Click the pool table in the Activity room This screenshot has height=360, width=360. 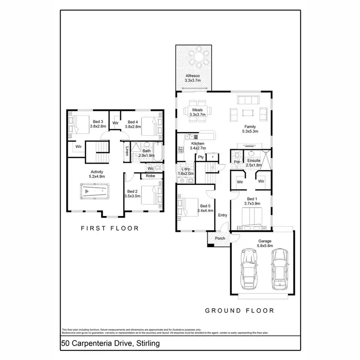95,193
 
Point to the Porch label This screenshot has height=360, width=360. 220,239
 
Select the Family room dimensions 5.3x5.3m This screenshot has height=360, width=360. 250,131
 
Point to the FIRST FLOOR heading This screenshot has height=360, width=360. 109,228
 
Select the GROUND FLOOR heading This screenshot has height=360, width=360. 240,311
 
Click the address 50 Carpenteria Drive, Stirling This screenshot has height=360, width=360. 110,344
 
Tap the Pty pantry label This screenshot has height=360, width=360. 201,157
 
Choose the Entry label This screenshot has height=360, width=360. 223,215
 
